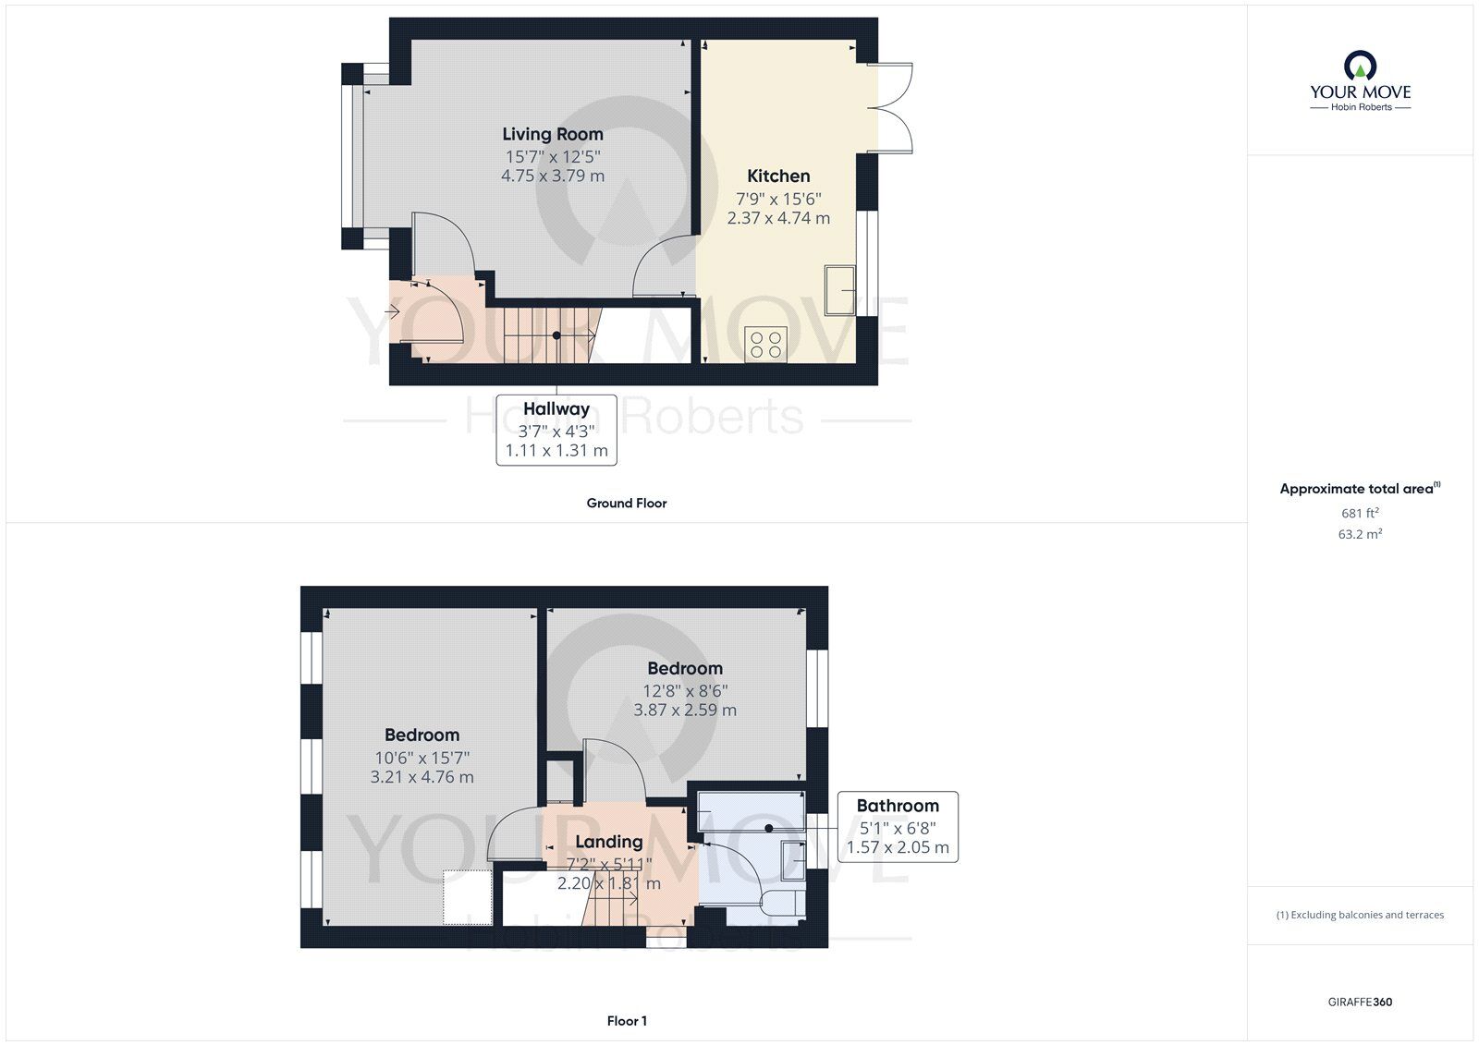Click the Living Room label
(553, 135)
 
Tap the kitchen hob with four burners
(765, 345)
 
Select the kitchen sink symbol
(840, 290)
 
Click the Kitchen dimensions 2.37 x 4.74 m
(778, 219)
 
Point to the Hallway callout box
(556, 430)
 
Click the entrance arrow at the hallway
(392, 312)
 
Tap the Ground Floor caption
(626, 504)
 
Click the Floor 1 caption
(627, 1021)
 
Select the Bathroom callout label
(898, 806)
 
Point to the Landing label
(608, 842)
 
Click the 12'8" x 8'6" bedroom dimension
(685, 690)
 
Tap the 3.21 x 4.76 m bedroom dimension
(422, 778)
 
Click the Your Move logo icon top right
(1360, 66)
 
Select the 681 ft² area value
(1360, 513)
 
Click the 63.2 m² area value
(1360, 534)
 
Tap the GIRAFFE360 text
(1360, 1002)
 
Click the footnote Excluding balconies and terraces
(1360, 915)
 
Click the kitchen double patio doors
(894, 108)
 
